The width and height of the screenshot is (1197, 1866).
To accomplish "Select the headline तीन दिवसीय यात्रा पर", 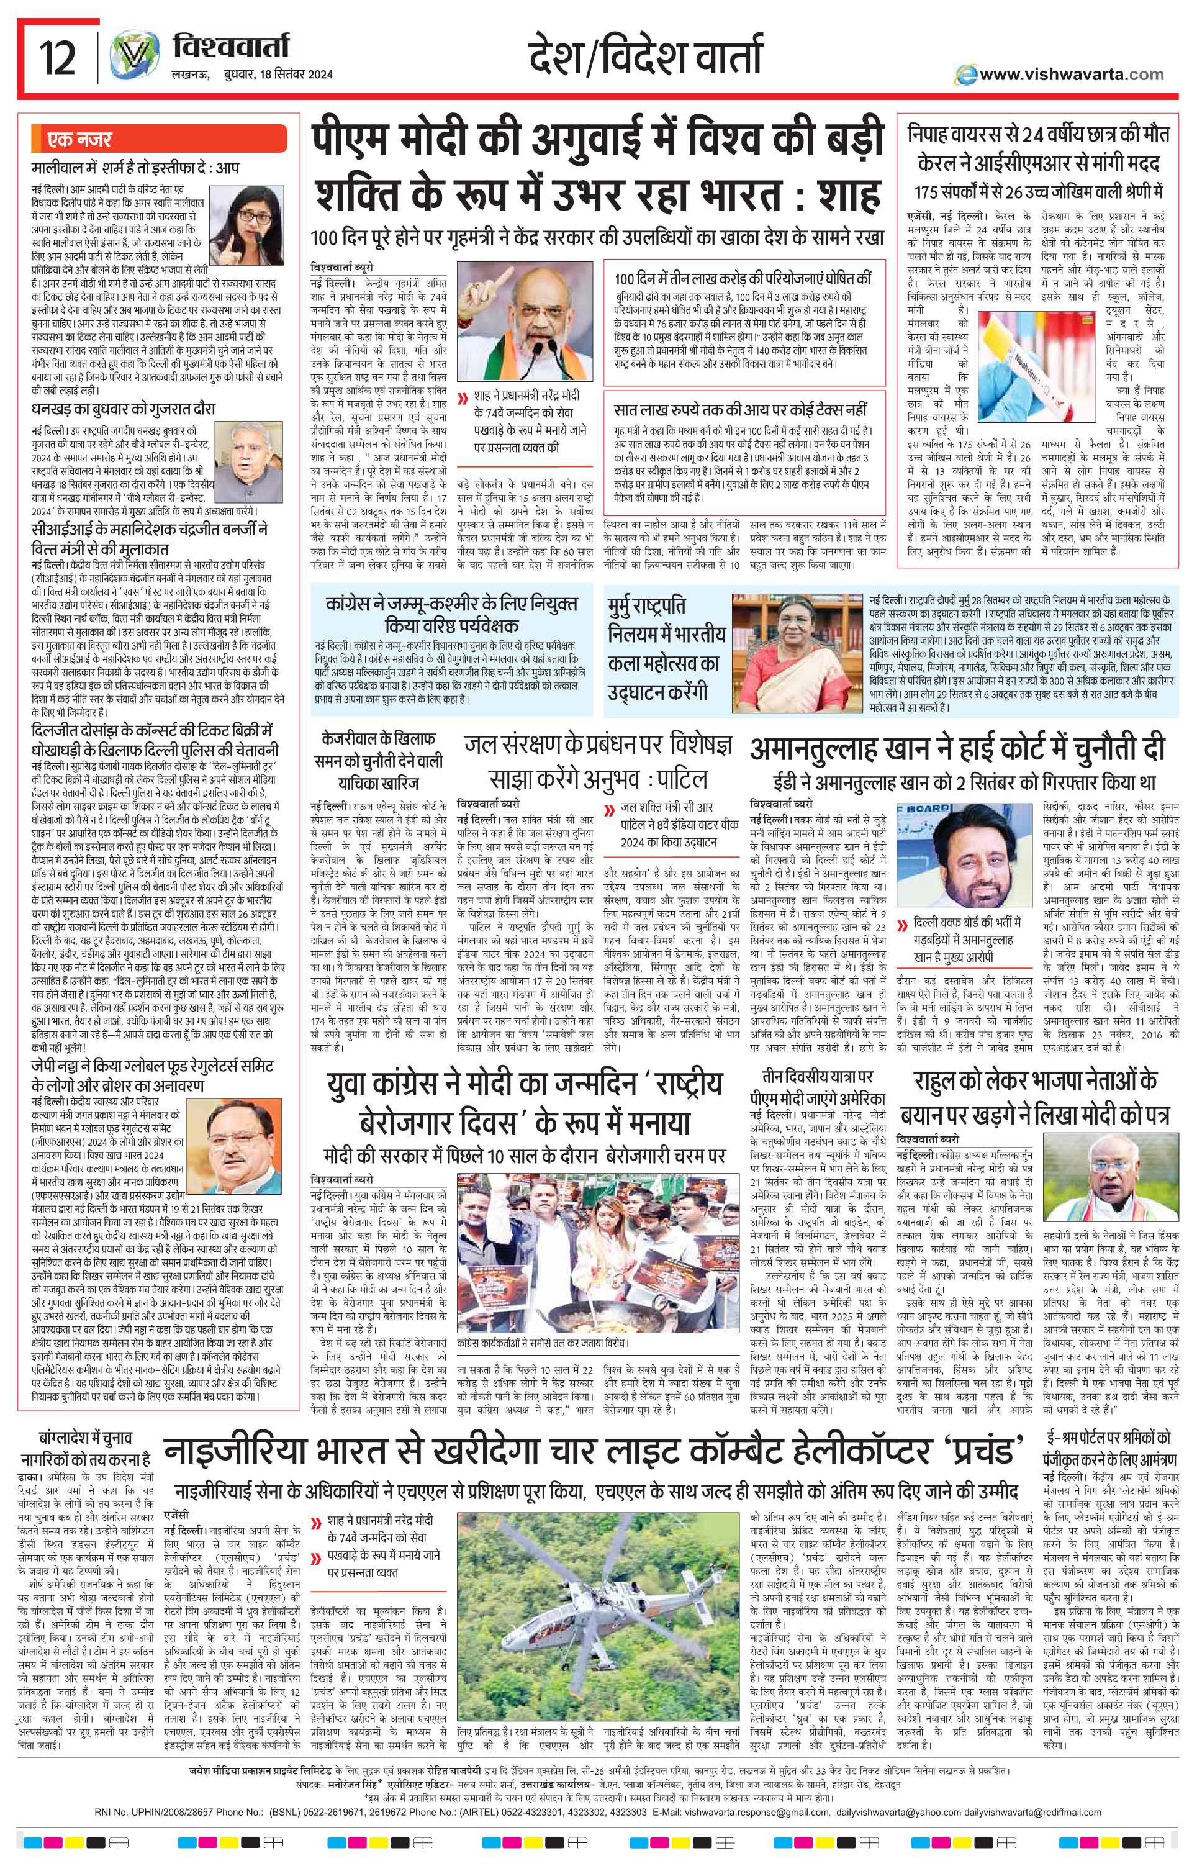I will tap(816, 1078).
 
